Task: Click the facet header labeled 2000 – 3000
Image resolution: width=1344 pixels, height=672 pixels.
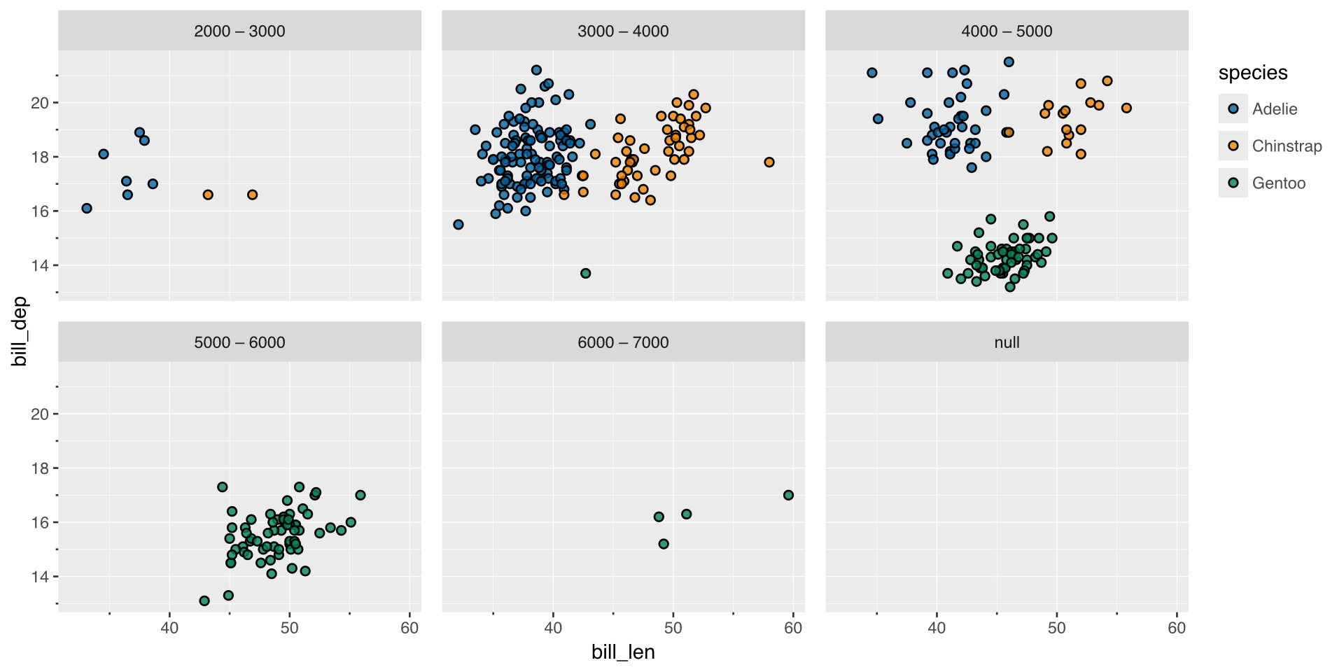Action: coord(239,31)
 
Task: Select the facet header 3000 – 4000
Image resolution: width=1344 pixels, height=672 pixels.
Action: coord(623,31)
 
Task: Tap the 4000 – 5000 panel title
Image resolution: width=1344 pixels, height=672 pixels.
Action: coord(1007,31)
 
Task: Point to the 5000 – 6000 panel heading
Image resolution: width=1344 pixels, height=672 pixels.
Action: coord(239,342)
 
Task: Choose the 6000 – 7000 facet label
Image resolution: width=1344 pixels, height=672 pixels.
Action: coord(623,342)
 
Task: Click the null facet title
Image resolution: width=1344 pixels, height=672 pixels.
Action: coord(1007,342)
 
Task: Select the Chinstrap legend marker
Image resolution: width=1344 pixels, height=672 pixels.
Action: coord(1233,146)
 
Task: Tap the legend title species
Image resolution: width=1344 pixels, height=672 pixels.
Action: coord(1253,73)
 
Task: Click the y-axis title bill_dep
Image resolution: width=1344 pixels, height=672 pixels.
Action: coord(20,332)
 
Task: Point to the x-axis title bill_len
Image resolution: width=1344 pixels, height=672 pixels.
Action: coord(623,652)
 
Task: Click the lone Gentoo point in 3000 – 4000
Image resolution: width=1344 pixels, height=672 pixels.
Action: coord(585,273)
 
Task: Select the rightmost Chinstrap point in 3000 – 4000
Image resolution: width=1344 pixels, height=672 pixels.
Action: coord(769,162)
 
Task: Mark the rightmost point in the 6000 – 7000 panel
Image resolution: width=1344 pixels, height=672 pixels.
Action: coord(788,495)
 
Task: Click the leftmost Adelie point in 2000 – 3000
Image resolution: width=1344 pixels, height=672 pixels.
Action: coord(87,208)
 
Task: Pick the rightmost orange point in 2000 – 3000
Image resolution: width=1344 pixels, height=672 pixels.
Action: coord(253,195)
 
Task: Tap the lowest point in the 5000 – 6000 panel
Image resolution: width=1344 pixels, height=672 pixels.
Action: coord(204,601)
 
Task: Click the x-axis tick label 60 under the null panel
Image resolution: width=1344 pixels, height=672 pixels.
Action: coord(1177,628)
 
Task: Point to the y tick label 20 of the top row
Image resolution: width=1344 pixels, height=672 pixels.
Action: coord(40,103)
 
